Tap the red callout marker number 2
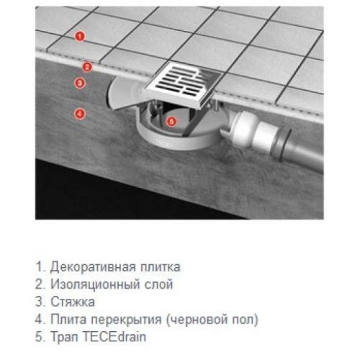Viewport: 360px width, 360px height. pos(86,67)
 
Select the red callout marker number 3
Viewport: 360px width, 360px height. pos(80,84)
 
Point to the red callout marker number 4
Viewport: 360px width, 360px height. pos(80,113)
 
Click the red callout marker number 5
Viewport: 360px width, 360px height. pos(171,122)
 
